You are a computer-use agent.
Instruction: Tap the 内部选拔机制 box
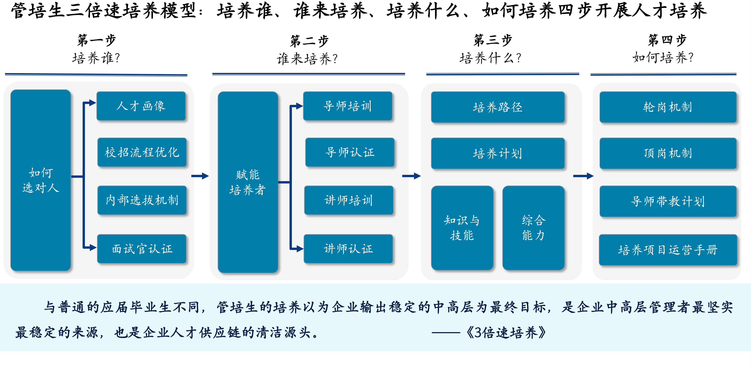tap(142, 200)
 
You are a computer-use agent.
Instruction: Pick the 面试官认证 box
tap(142, 249)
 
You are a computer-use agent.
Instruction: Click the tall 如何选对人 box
tap(40, 180)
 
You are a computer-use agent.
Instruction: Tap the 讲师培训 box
tap(349, 200)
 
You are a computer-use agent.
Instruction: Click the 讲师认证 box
tap(348, 249)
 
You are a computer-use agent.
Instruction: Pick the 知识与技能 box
tap(462, 228)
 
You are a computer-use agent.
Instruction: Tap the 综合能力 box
tap(534, 228)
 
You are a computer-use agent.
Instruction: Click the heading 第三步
tap(493, 40)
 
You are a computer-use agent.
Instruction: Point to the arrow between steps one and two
tap(200, 176)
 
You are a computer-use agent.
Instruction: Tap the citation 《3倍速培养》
tap(506, 332)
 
